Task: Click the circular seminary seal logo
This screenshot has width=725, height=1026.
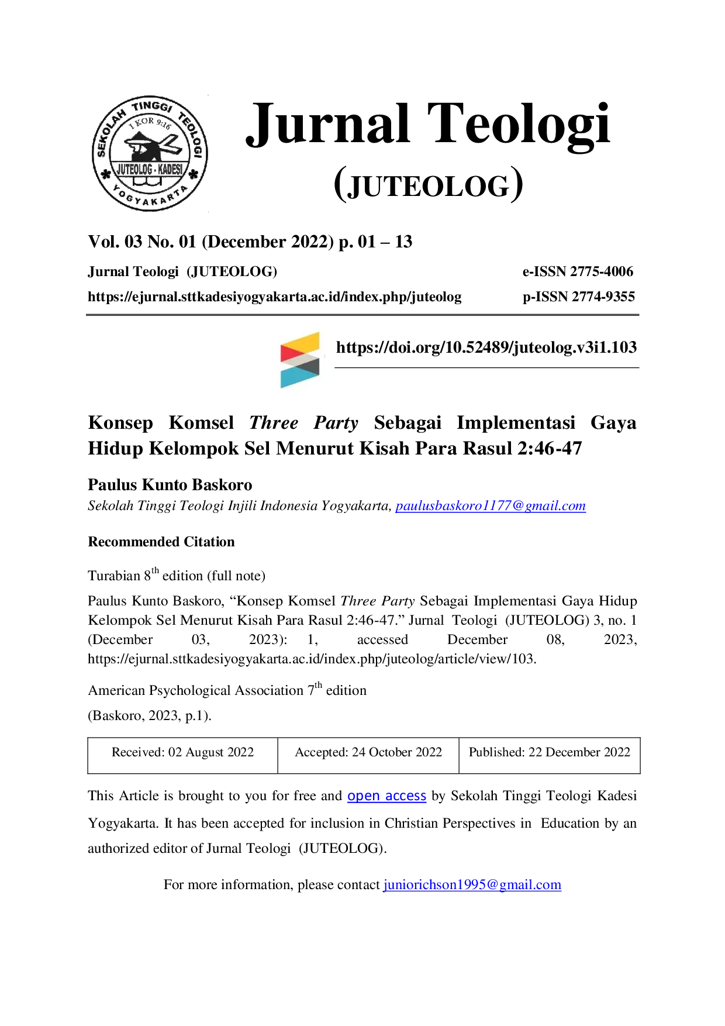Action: pos(150,153)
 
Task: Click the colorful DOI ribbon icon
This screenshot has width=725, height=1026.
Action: pos(300,360)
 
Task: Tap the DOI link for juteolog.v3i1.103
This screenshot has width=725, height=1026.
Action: pos(486,347)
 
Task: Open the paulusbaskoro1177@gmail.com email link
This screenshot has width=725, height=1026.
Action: pos(491,506)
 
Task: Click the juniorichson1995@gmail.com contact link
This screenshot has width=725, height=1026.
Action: pos(472,884)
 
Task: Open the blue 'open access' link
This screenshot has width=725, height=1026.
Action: pos(386,796)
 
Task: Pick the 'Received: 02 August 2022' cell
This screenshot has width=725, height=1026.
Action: pos(183,755)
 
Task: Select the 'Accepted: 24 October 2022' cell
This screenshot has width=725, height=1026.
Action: pos(368,755)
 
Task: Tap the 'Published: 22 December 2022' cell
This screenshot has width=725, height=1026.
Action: pos(550,755)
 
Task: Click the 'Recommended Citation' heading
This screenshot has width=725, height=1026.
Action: pos(161,542)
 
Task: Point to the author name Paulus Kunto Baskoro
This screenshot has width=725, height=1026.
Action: pos(170,485)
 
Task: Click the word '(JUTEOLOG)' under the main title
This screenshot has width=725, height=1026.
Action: pos(429,184)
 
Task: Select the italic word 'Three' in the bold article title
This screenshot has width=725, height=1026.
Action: pos(274,422)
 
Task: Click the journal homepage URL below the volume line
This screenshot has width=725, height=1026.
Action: pos(275,297)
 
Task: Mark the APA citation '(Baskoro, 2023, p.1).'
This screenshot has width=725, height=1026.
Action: pos(150,715)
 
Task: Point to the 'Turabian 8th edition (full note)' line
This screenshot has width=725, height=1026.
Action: pos(177,574)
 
